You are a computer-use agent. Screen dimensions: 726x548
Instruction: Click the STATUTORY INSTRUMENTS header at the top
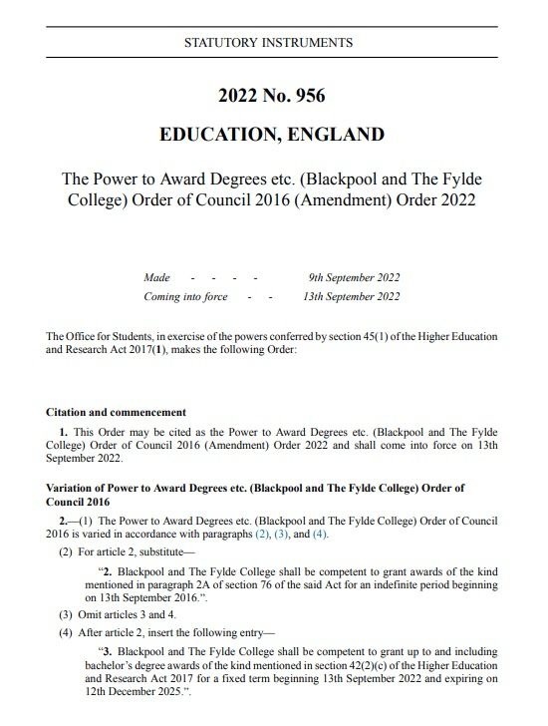pyautogui.click(x=269, y=43)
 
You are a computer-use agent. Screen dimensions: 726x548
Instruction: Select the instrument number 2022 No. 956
pyautogui.click(x=271, y=96)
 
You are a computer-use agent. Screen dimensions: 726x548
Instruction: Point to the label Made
pyautogui.click(x=156, y=277)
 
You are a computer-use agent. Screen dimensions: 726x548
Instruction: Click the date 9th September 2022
pyautogui.click(x=355, y=277)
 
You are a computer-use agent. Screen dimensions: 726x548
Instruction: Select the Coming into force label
pyautogui.click(x=185, y=296)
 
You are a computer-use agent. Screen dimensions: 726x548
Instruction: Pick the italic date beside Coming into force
pyautogui.click(x=352, y=296)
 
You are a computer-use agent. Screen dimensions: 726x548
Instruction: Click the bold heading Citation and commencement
pyautogui.click(x=117, y=412)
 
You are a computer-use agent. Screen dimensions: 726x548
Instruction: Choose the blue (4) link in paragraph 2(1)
pyautogui.click(x=320, y=534)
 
